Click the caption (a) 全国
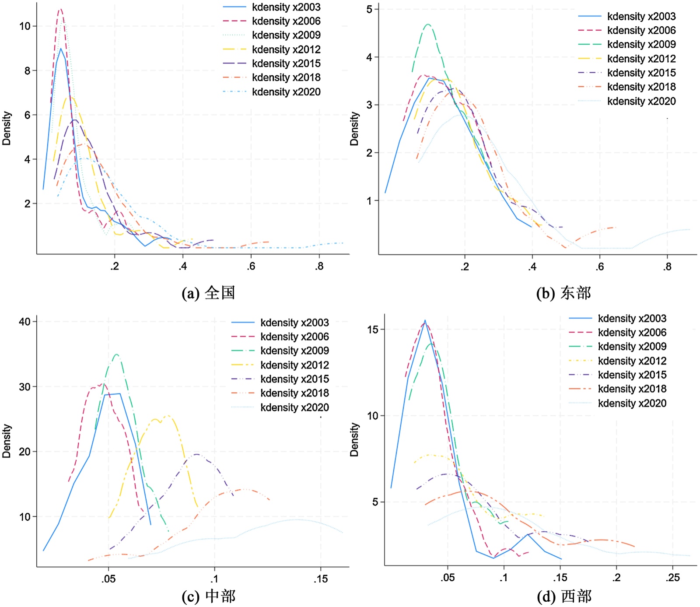208,292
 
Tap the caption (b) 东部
563,292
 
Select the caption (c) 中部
208,596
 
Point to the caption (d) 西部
564,596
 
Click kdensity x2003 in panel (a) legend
286,7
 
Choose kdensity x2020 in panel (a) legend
286,92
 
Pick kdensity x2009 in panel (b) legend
641,44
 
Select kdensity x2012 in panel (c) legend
294,365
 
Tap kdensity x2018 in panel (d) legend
632,389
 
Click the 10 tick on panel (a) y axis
25,26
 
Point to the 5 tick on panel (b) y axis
370,9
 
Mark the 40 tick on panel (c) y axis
25,322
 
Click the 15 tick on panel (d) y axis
373,329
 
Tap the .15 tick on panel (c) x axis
321,579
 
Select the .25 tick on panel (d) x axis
673,578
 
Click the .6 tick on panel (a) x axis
251,266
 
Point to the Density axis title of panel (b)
354,129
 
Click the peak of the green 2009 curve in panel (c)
116,354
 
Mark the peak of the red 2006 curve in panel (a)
61,9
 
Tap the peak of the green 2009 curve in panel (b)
428,25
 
